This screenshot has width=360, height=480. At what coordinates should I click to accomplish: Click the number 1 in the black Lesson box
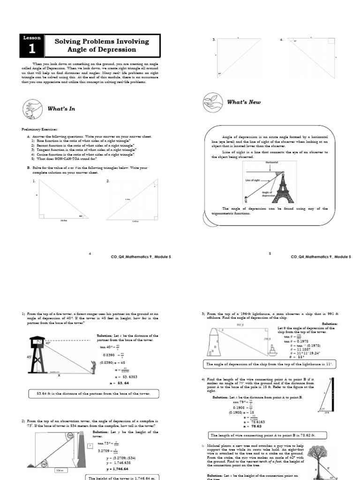[32, 49]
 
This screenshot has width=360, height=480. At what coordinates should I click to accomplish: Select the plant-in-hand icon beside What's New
[212, 102]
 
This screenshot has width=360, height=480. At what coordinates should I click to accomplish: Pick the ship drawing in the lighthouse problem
[272, 349]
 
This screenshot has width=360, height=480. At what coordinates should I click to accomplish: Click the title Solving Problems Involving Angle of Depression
[102, 45]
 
